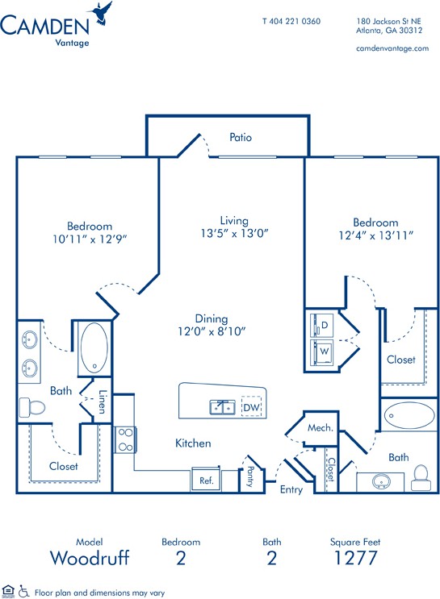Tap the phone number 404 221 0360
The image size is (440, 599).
click(295, 22)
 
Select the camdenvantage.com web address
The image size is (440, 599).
click(392, 48)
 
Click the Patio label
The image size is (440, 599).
click(241, 137)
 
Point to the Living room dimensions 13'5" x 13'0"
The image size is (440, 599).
click(235, 233)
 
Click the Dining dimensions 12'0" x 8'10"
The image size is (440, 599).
click(212, 331)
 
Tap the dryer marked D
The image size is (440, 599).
click(321, 325)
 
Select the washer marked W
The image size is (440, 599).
click(321, 351)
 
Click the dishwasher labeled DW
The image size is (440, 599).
click(251, 408)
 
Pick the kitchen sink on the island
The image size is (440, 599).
click(222, 407)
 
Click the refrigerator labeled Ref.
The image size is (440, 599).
click(206, 479)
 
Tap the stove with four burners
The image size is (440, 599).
click(125, 439)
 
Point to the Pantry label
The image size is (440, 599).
click(250, 476)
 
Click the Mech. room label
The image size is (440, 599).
click(321, 428)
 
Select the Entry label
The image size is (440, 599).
click(291, 489)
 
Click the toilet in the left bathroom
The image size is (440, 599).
click(32, 407)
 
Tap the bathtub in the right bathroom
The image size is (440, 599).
click(409, 415)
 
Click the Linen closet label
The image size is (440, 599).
click(102, 401)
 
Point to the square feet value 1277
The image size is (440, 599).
click(355, 558)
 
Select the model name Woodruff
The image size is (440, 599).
click(90, 558)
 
